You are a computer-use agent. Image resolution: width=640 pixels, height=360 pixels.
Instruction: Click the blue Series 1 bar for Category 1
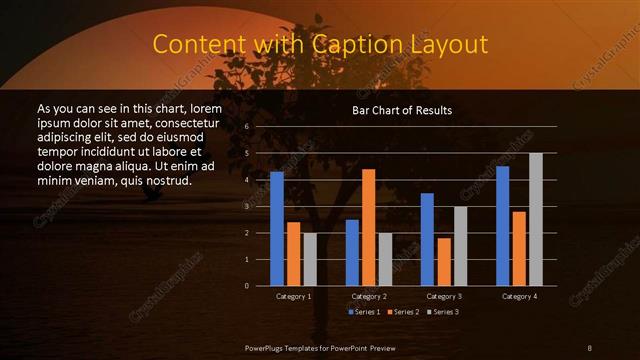(277, 229)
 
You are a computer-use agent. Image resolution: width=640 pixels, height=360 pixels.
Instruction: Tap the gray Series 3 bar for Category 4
(535, 219)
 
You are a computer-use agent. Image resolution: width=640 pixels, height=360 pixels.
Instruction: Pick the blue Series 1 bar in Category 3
(427, 239)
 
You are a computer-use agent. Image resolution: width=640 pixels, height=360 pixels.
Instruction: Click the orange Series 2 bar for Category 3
(443, 261)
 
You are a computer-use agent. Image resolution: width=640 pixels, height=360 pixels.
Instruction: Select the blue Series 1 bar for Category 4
(502, 226)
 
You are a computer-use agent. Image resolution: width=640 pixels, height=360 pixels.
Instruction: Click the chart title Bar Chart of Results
(402, 109)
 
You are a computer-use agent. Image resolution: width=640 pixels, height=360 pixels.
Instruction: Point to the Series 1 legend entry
(363, 312)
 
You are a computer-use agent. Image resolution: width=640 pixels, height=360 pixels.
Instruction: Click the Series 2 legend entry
(402, 312)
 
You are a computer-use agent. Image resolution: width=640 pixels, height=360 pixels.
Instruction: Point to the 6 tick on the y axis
(245, 127)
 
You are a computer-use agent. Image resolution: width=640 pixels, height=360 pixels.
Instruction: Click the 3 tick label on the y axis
(245, 206)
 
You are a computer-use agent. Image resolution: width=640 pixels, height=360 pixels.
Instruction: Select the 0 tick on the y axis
(245, 285)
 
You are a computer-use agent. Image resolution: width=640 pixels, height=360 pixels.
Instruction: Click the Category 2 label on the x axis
(369, 296)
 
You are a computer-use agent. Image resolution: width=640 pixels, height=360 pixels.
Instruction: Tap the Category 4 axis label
(518, 296)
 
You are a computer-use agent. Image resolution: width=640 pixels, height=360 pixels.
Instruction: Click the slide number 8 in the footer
(590, 346)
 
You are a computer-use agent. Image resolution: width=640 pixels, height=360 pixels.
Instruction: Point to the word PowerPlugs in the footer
(265, 346)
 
